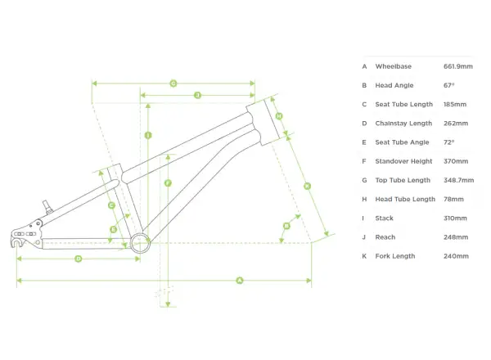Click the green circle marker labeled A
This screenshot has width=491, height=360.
[x=240, y=280]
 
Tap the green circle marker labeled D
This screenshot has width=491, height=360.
[x=79, y=259]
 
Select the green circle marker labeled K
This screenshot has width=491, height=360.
[x=307, y=187]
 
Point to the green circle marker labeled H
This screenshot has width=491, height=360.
[x=279, y=116]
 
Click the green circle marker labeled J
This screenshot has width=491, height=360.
[x=197, y=95]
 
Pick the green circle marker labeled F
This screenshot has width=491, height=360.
[x=168, y=182]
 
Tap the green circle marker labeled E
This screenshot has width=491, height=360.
[x=114, y=229]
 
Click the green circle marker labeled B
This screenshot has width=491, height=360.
[x=286, y=226]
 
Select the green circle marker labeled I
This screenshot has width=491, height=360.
[x=148, y=135]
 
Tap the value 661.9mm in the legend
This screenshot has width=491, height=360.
[x=457, y=66]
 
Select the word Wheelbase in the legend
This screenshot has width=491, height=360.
[x=394, y=66]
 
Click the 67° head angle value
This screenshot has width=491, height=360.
[x=448, y=85]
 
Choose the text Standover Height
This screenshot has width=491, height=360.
[x=403, y=161]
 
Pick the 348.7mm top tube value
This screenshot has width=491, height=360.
[x=458, y=180]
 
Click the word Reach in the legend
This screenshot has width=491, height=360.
[x=385, y=237]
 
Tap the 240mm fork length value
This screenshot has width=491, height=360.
[x=456, y=256]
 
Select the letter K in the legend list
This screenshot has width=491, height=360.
[x=364, y=256]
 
